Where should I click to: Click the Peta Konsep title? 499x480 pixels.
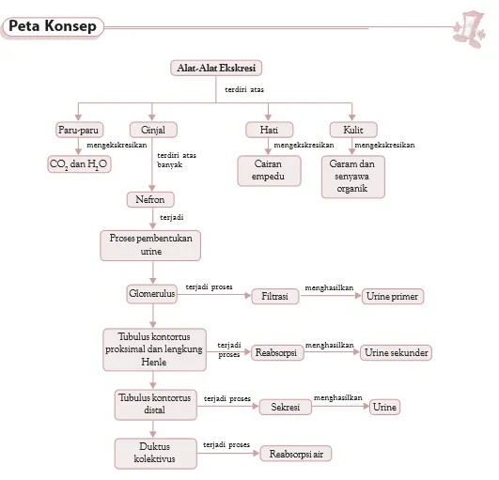53,26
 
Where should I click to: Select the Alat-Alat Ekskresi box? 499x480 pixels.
216,68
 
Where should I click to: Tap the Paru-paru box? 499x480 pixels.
79,130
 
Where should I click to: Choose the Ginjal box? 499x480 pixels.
153,130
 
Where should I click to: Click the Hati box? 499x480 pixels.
269,130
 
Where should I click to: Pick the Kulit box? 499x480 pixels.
353,130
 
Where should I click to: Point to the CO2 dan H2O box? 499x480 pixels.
79,164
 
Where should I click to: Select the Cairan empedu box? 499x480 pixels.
269,171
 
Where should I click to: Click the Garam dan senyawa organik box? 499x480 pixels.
353,177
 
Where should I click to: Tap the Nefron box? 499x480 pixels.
150,199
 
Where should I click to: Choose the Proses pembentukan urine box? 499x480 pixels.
150,245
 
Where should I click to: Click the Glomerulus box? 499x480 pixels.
152,294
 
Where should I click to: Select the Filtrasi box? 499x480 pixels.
275,297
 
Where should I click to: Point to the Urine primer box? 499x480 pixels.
393,297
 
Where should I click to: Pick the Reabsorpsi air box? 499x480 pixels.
296,454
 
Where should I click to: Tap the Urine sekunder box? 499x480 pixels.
396,353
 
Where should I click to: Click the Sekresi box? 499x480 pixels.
285,407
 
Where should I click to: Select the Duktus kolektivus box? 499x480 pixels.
156,454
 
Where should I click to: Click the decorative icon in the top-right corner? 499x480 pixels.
469,29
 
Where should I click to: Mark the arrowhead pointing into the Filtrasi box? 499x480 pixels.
248,296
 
